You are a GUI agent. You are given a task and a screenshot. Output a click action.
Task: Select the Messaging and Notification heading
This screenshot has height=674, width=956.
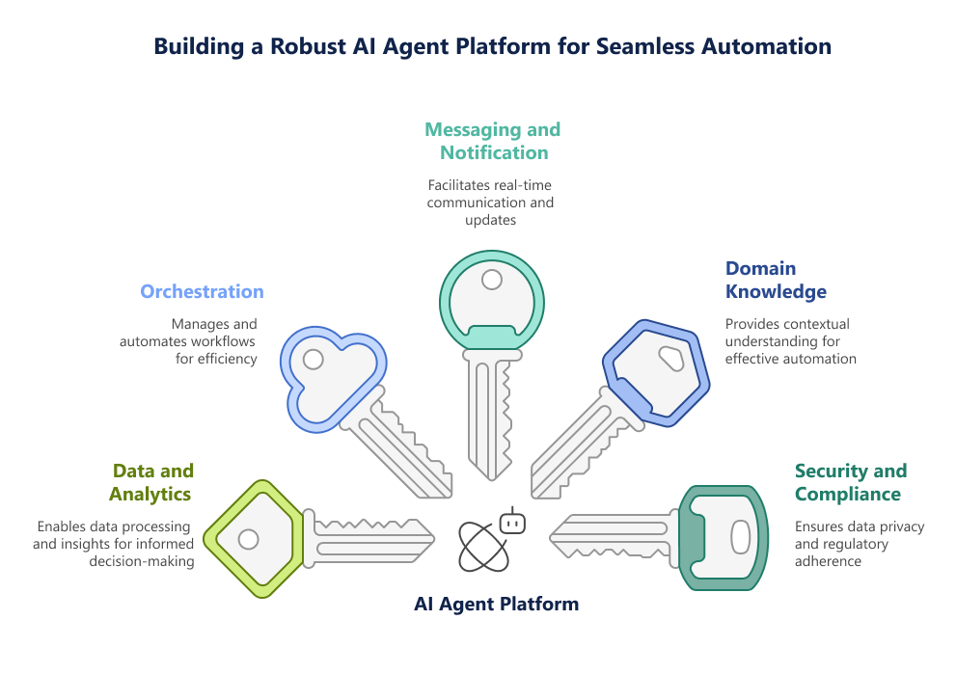click(492, 141)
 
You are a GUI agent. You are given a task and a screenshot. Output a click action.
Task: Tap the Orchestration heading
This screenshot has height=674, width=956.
click(202, 291)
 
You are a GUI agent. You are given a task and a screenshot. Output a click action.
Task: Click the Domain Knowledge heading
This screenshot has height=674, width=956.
click(776, 280)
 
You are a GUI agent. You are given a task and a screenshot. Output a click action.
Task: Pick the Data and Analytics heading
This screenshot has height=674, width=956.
click(152, 482)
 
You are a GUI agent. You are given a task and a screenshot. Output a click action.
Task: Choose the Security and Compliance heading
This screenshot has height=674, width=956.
click(850, 482)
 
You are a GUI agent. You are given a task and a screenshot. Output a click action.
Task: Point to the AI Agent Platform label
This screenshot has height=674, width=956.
click(496, 605)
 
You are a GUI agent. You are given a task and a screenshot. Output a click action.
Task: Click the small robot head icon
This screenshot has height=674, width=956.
click(512, 523)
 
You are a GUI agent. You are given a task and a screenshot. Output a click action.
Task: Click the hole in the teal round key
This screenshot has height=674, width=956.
click(492, 280)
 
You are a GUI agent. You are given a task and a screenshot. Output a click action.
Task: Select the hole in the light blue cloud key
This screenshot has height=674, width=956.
click(313, 360)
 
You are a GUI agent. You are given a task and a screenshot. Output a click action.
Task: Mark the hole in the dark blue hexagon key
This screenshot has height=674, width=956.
click(670, 360)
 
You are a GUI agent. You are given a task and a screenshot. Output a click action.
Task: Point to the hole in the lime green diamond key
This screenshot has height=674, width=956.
click(248, 538)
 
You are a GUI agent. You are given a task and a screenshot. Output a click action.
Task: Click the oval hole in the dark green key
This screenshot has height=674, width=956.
click(740, 536)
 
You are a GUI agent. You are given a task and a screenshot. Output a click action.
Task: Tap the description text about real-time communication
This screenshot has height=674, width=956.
click(492, 202)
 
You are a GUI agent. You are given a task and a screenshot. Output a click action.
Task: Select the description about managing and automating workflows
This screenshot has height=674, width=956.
click(189, 341)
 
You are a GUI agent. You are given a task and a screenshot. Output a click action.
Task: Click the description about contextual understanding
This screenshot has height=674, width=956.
click(790, 341)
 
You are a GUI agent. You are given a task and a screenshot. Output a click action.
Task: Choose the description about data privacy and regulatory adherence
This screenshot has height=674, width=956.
click(859, 543)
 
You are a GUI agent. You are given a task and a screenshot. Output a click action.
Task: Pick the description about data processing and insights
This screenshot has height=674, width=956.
click(114, 544)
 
